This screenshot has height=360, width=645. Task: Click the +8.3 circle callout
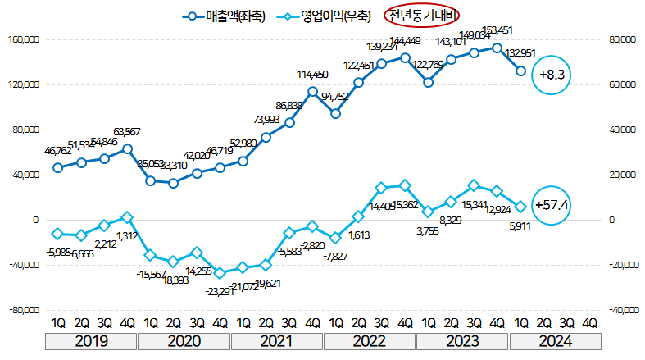click(x=552, y=75)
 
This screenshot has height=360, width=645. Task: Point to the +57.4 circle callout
click(x=552, y=203)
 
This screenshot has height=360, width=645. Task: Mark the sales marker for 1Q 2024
click(x=520, y=71)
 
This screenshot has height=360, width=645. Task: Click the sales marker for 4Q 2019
click(x=127, y=148)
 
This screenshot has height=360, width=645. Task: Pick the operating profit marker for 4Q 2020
click(x=220, y=273)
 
